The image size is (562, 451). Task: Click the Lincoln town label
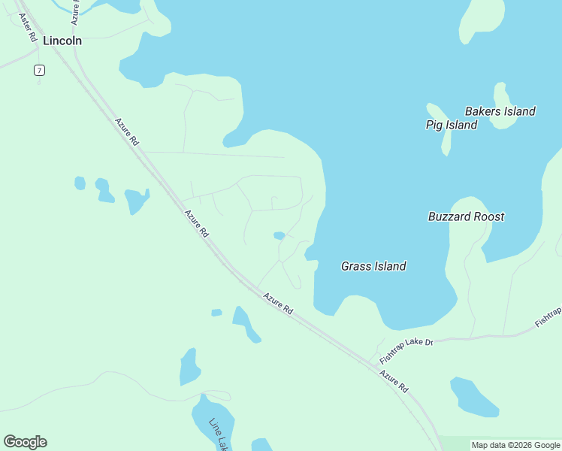click(x=62, y=41)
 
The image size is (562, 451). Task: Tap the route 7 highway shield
click(x=39, y=71)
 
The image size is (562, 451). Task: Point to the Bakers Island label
click(x=500, y=111)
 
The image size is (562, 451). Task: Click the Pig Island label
click(x=451, y=125)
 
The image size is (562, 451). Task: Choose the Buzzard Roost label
click(x=466, y=216)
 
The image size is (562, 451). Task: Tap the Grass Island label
click(x=373, y=266)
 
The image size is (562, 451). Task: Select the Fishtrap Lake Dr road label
click(x=406, y=347)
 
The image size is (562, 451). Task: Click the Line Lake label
click(x=218, y=434)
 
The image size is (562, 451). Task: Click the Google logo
click(x=25, y=442)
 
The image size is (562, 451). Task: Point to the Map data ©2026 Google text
click(x=516, y=445)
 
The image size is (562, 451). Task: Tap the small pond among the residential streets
click(x=279, y=235)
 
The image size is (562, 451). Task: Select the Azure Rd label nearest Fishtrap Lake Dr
click(x=393, y=381)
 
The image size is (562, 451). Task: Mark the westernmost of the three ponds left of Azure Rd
click(x=80, y=183)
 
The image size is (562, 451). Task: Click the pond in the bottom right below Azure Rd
click(x=473, y=398)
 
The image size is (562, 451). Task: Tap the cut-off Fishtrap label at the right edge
click(x=548, y=316)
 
